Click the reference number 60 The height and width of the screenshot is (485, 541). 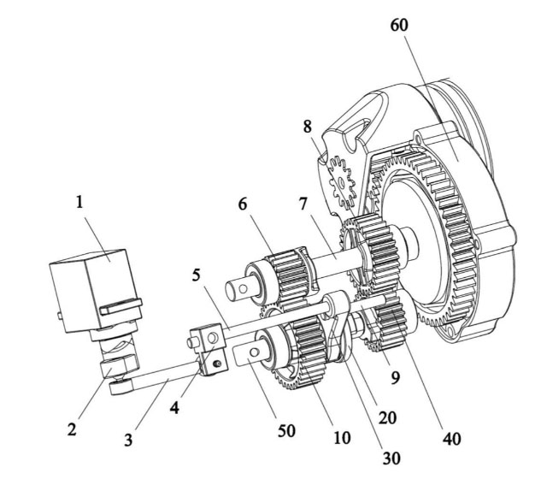(x=399, y=25)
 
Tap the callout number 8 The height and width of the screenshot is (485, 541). (x=308, y=127)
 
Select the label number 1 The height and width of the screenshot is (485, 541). (x=79, y=202)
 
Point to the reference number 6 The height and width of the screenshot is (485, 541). (x=243, y=204)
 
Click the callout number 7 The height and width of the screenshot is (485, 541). (x=303, y=204)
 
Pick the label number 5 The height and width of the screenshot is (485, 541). (x=196, y=275)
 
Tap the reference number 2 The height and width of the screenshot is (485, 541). (x=72, y=430)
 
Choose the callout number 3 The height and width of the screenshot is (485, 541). (x=128, y=441)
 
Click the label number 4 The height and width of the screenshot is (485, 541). (x=174, y=408)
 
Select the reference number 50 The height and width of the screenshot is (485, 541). (x=286, y=431)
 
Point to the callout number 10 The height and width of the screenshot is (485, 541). (x=342, y=438)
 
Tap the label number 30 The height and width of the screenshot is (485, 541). (x=391, y=458)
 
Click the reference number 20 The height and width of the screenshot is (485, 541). (x=387, y=418)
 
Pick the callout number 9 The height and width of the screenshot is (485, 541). (x=395, y=378)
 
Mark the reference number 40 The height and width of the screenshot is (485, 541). (x=452, y=439)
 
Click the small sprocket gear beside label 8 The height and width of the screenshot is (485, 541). (x=341, y=182)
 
